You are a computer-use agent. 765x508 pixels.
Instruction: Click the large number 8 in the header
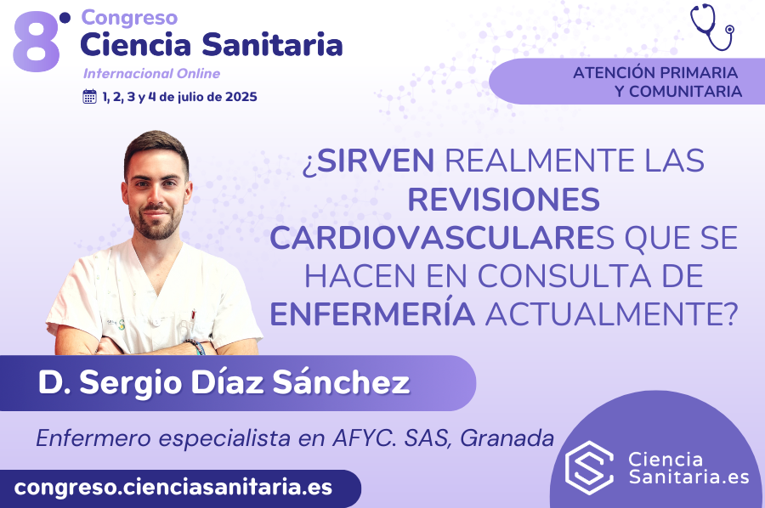point(37,43)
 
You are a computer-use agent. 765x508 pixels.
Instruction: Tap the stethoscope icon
point(712,27)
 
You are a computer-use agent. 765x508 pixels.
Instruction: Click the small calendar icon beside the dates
point(90,97)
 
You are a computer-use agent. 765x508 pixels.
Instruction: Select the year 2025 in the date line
point(241,97)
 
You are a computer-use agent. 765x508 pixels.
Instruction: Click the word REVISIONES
point(503,199)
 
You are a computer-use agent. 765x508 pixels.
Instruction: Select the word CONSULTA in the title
point(564,276)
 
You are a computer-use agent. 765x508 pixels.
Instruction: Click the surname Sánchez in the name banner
point(341,382)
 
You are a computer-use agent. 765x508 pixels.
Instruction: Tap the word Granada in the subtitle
point(507,437)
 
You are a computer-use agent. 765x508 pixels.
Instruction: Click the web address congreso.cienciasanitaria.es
point(173,487)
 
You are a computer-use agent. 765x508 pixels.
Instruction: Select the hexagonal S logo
point(589,467)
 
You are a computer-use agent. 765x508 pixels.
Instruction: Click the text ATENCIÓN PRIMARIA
point(655,73)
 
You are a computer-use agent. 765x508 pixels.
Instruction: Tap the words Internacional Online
point(152,74)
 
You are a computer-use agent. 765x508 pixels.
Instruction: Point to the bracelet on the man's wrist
point(196,345)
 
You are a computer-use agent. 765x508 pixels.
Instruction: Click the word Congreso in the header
point(129,18)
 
